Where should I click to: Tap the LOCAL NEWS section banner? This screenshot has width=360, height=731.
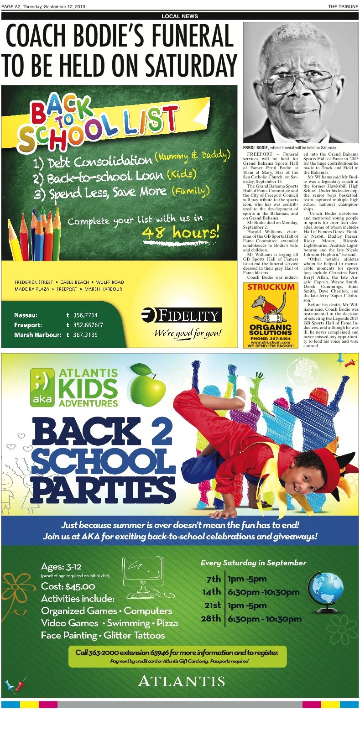click(x=180, y=16)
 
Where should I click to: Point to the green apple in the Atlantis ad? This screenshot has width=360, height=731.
click(x=148, y=385)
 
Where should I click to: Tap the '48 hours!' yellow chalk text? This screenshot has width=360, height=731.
click(x=181, y=233)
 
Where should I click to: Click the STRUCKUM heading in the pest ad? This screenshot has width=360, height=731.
click(x=271, y=287)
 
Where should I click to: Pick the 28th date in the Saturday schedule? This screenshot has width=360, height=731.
click(x=211, y=618)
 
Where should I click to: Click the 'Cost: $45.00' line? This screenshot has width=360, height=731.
click(x=68, y=586)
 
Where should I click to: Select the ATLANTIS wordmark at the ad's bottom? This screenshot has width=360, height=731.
click(x=181, y=681)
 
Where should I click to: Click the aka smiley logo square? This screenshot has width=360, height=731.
click(x=42, y=387)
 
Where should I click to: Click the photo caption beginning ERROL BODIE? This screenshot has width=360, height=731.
click(x=289, y=148)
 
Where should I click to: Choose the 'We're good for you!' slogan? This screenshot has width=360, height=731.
click(x=188, y=333)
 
